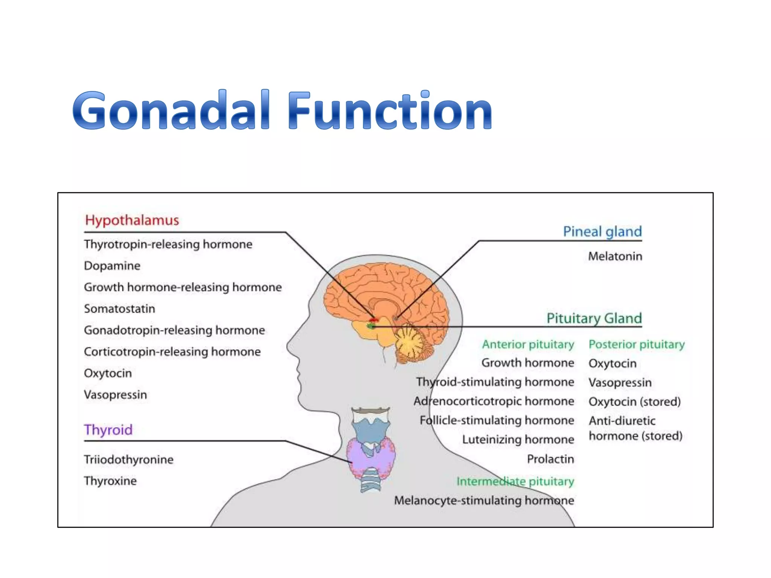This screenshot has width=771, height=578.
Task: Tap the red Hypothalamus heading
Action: [x=132, y=220]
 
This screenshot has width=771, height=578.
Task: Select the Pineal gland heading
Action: [x=602, y=231]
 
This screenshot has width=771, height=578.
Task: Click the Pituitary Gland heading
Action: [x=594, y=318]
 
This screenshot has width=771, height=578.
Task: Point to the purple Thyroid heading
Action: [x=108, y=430]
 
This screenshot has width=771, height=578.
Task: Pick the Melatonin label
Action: [x=615, y=256]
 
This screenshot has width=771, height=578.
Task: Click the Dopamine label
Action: [x=112, y=266]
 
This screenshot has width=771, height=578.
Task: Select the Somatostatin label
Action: [x=119, y=309]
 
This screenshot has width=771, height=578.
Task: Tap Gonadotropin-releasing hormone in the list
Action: [x=174, y=330]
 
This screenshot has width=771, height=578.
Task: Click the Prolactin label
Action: [x=550, y=459]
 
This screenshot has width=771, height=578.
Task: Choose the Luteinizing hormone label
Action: [x=518, y=440]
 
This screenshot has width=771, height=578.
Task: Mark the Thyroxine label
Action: [x=110, y=481]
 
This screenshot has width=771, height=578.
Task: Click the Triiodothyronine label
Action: [x=128, y=459]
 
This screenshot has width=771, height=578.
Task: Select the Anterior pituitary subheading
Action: [x=528, y=344]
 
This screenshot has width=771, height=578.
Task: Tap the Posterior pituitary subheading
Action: [x=636, y=344]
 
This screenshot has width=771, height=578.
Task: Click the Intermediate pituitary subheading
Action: [x=515, y=481]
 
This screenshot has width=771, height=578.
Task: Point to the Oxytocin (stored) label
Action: [x=634, y=402]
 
